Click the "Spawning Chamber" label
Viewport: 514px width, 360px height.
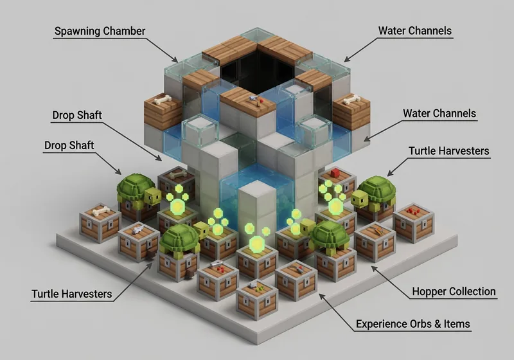point(100,31)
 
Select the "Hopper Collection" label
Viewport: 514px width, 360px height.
point(453,291)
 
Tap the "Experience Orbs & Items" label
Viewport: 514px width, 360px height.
point(413,323)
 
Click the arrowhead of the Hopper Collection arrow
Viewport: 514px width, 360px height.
point(373,266)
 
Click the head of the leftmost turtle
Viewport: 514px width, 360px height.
point(153,196)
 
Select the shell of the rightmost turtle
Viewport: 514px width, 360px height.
point(375,192)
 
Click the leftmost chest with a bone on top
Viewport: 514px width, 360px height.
point(100,222)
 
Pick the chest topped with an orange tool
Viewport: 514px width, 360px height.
point(375,240)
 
